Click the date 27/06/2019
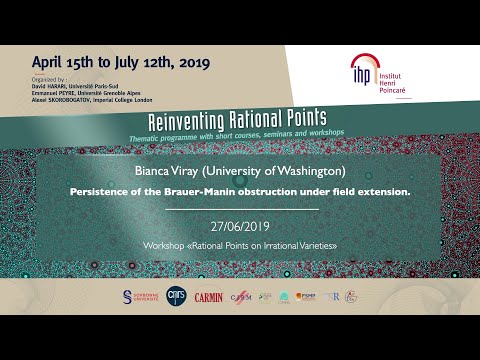[241, 227]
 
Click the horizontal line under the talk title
[240, 209]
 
